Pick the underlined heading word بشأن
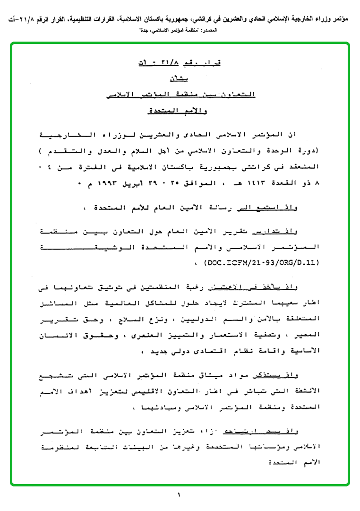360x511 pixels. tap(180, 79)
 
